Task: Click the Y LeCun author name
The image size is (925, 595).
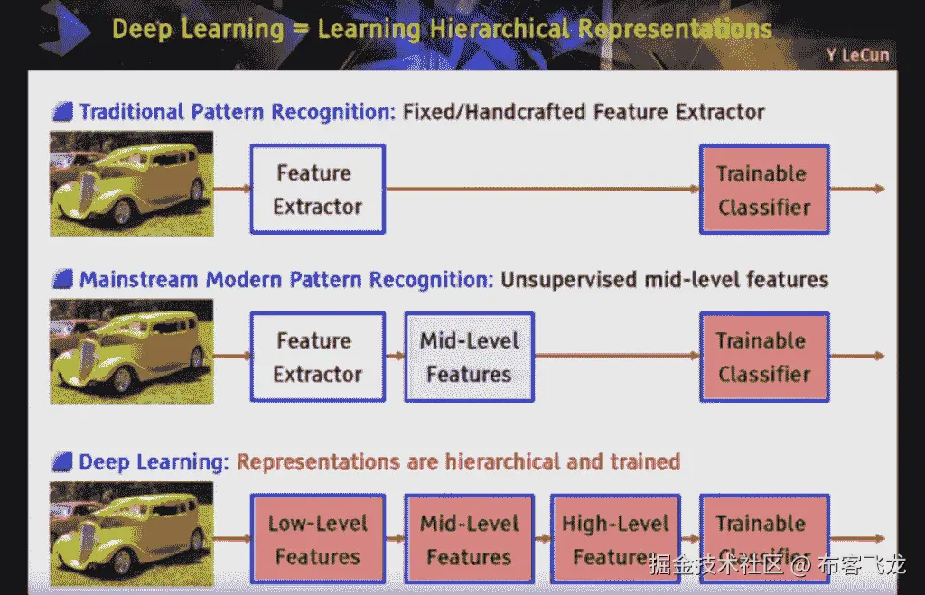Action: tap(856, 56)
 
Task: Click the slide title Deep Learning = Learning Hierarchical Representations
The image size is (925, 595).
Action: tap(442, 29)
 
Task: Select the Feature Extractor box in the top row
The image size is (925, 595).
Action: tap(317, 190)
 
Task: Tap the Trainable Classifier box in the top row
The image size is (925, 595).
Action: tap(763, 190)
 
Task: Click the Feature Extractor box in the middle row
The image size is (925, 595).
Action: tap(317, 358)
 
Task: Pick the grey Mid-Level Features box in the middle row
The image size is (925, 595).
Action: tap(469, 358)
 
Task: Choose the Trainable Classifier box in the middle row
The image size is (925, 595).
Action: tap(763, 358)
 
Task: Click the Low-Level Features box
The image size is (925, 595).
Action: tap(317, 539)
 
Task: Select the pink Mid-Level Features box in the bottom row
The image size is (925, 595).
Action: tap(469, 539)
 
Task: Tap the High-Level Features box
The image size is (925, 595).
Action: tap(615, 539)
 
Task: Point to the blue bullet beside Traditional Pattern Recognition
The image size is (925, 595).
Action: tap(62, 113)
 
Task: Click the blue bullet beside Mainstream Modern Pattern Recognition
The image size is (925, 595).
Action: tap(62, 280)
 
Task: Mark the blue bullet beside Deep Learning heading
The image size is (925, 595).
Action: tap(62, 463)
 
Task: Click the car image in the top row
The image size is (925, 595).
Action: tap(131, 184)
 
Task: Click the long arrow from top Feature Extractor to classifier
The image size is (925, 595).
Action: tap(542, 190)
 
